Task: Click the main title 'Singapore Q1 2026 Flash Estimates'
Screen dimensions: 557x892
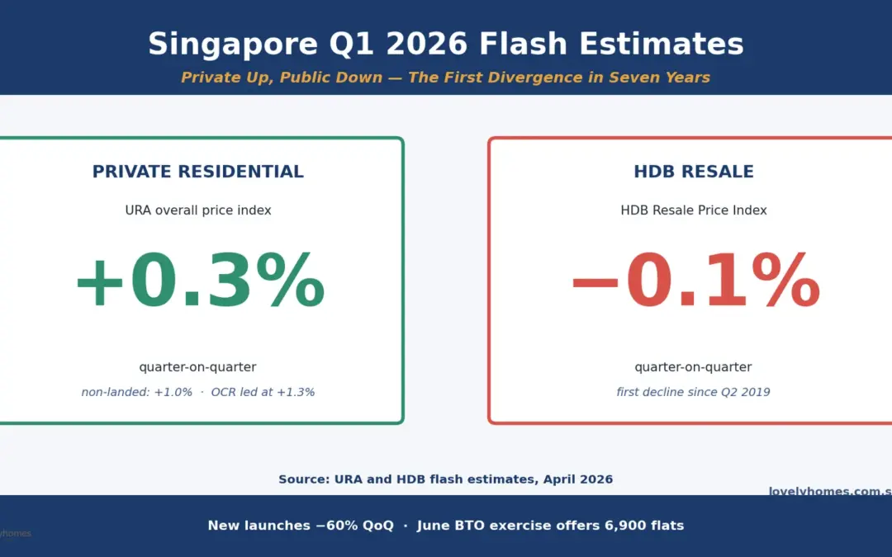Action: click(x=445, y=44)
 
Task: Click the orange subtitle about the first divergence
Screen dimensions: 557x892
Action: click(x=445, y=78)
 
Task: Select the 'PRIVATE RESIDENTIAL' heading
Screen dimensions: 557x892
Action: click(x=197, y=172)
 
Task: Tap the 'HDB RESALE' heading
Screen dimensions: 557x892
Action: click(x=693, y=172)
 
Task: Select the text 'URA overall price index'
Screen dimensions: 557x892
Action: click(x=197, y=210)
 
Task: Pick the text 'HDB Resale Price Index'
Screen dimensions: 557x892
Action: click(x=693, y=210)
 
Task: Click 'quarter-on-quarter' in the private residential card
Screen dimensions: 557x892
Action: click(x=197, y=367)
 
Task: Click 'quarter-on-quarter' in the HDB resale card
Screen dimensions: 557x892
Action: click(x=693, y=367)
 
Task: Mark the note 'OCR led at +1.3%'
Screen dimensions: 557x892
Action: click(x=263, y=393)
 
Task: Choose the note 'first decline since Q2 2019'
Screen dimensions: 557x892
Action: click(x=693, y=393)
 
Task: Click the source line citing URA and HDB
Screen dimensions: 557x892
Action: click(x=445, y=479)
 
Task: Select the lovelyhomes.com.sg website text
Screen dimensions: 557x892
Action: click(x=829, y=492)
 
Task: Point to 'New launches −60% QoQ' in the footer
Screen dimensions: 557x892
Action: click(x=301, y=526)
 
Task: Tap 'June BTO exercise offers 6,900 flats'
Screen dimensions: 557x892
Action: click(x=550, y=526)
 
